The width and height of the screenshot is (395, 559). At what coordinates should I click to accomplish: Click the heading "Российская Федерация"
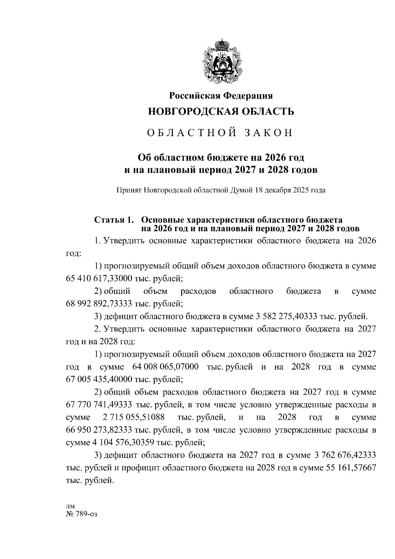point(221,96)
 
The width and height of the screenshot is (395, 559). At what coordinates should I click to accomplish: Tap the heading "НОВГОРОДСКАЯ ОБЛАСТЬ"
point(221,112)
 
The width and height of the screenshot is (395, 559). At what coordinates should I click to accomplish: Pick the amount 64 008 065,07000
point(165,367)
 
